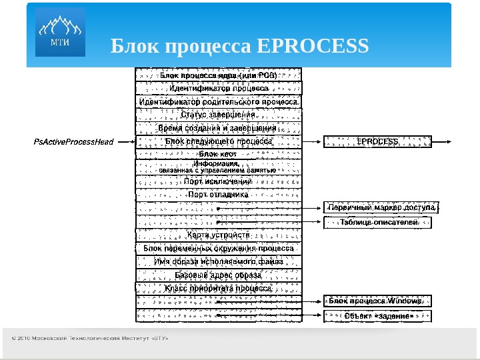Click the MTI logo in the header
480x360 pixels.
[60, 32]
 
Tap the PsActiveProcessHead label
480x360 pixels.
[73, 141]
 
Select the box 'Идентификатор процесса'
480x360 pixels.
[219, 88]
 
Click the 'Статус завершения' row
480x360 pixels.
[219, 115]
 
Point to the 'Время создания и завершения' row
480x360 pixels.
[219, 128]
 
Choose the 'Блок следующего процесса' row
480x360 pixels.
[219, 141]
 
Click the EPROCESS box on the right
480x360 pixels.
[377, 141]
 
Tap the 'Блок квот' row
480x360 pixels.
[219, 154]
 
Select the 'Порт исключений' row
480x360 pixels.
[219, 181]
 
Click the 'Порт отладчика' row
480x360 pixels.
[219, 195]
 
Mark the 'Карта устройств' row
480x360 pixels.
[219, 235]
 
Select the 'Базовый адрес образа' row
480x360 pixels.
[219, 275]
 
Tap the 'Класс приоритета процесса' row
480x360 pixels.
[219, 289]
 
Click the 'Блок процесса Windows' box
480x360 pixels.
[377, 301]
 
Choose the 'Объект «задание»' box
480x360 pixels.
[377, 316]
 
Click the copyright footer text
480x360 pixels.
[90, 338]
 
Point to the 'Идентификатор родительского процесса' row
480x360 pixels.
[219, 101]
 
